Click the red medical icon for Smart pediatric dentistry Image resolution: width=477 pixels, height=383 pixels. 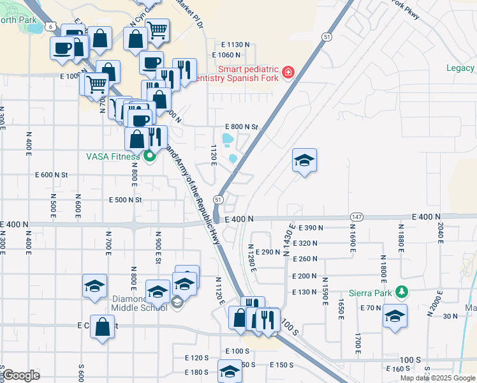click(288, 71)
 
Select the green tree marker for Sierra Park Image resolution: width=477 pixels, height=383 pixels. click(401, 292)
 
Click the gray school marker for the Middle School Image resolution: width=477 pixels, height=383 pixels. click(177, 302)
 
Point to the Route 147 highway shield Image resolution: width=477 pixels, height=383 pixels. click(356, 218)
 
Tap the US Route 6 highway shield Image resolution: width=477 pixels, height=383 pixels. click(50, 26)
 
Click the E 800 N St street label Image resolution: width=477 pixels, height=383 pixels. click(241, 127)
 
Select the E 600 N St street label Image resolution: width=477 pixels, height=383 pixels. click(52, 174)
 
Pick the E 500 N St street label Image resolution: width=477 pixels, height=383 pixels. click(124, 200)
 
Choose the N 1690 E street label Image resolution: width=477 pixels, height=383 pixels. click(351, 236)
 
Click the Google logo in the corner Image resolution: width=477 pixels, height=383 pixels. click(21, 375)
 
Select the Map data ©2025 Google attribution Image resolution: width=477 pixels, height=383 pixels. click(437, 378)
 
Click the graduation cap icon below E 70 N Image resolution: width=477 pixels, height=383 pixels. click(395, 317)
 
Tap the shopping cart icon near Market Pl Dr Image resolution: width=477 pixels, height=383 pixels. click(157, 29)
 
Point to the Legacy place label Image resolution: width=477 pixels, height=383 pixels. click(460, 68)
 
